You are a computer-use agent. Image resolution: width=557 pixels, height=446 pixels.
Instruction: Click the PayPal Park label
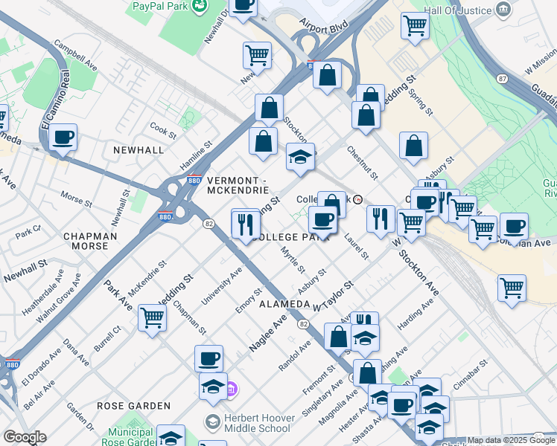click(159, 7)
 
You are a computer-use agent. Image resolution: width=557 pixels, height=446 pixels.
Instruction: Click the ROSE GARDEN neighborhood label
click(134, 406)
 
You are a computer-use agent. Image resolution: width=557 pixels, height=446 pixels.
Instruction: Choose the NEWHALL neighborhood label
click(138, 149)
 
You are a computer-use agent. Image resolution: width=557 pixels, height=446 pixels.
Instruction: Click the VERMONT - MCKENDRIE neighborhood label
click(237, 185)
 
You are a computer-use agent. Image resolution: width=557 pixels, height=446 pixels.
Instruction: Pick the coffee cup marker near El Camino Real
click(64, 138)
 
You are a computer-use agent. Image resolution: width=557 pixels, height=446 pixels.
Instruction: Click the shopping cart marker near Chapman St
click(152, 319)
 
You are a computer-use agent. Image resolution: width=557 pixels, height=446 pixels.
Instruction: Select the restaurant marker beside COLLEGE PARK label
click(245, 223)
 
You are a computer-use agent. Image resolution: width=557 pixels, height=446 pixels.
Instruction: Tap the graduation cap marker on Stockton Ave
click(301, 158)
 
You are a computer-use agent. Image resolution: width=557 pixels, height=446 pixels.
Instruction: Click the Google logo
click(24, 437)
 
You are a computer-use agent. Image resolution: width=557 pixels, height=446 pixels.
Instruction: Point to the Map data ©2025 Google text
click(512, 440)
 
